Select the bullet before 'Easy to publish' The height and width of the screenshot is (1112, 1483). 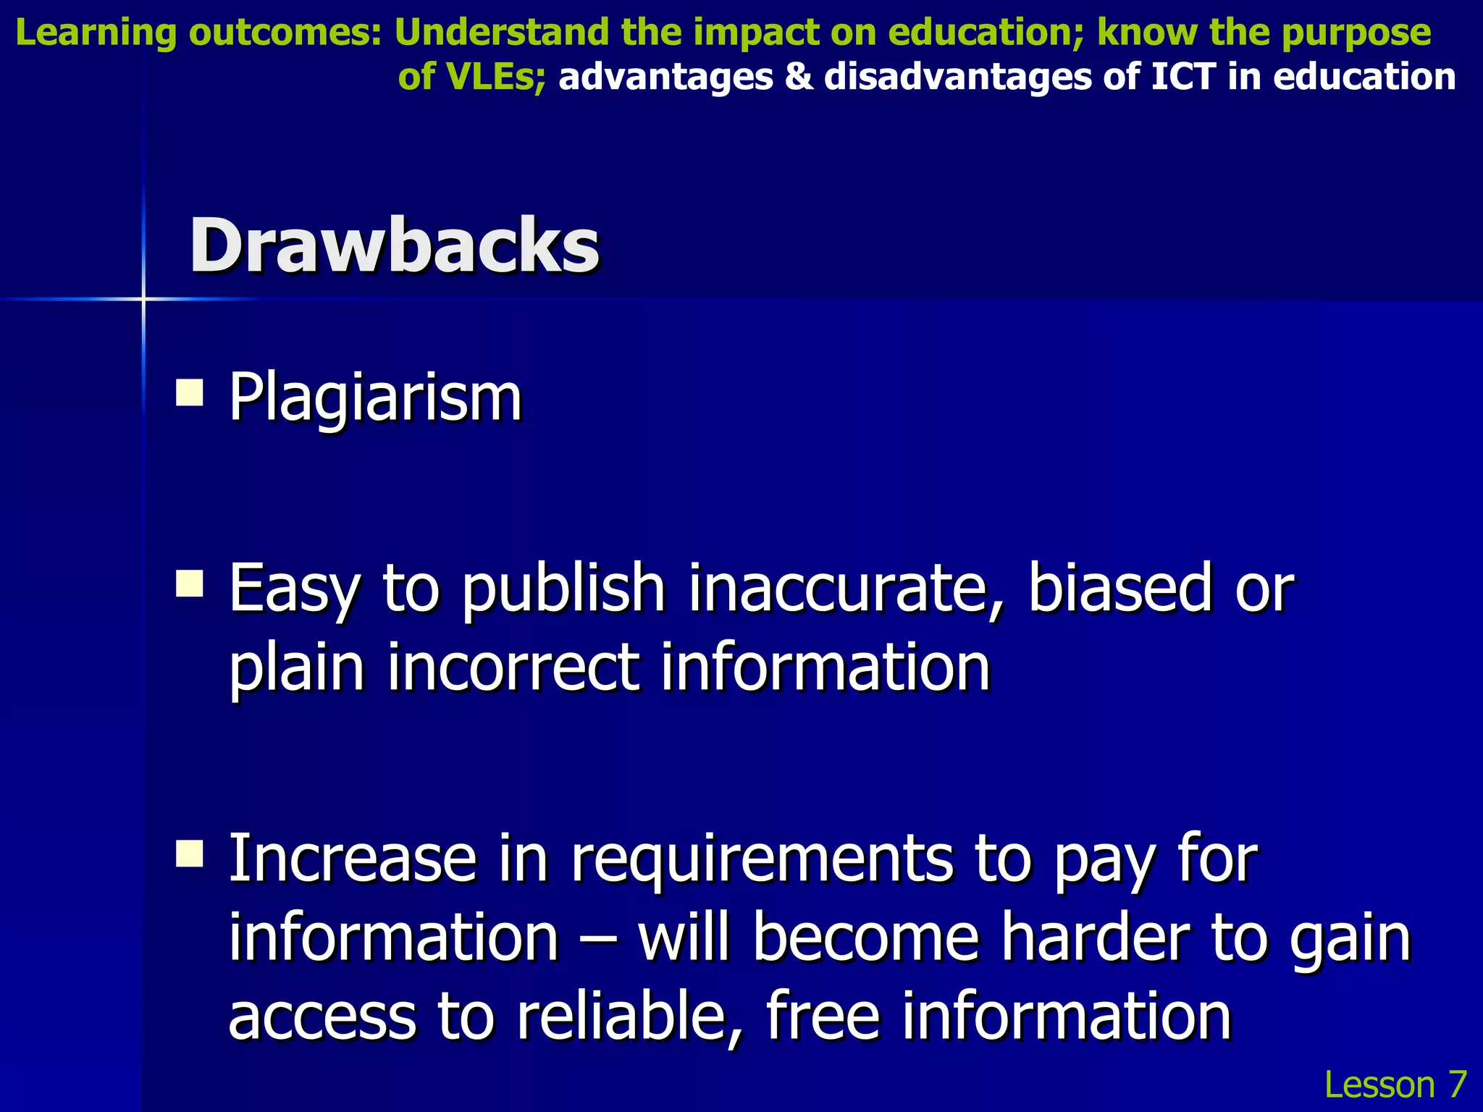click(190, 583)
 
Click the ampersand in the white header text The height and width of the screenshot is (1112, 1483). click(799, 77)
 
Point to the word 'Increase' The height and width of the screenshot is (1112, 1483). click(352, 859)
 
